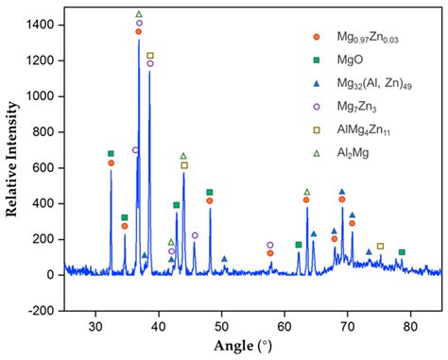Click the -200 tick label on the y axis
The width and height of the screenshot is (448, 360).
[x=45, y=310]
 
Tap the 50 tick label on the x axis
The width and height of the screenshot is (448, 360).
[x=221, y=326]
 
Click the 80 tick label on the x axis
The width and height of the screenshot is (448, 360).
[x=410, y=326]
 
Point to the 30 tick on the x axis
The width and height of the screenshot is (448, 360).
[x=95, y=326]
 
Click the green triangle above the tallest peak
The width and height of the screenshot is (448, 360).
[x=139, y=14]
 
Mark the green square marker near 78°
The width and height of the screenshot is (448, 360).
[x=402, y=252]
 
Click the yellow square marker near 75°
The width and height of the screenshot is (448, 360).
[x=381, y=246]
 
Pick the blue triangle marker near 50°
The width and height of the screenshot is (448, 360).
[x=224, y=258]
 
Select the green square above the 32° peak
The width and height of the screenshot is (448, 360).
[x=111, y=153]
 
